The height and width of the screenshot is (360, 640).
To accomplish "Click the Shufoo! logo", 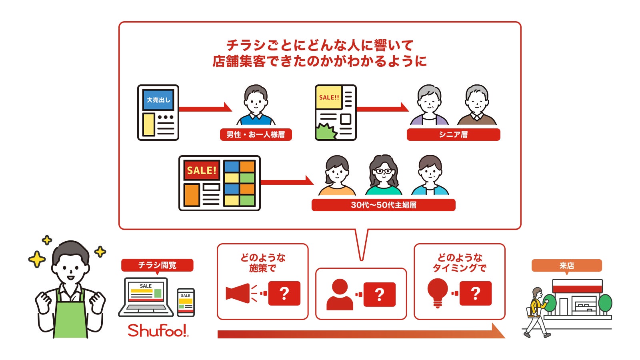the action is [x=158, y=330].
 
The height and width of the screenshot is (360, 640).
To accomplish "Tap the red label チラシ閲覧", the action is [x=157, y=265].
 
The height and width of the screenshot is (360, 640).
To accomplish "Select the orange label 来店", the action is [x=566, y=266].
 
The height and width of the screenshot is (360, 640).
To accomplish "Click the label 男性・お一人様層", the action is [x=256, y=134].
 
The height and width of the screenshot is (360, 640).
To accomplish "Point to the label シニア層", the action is [x=453, y=134].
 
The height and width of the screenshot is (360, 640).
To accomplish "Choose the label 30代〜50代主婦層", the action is [x=383, y=205].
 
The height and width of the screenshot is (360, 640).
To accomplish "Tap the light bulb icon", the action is [x=438, y=292].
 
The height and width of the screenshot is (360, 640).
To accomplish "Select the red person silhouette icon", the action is [x=340, y=295].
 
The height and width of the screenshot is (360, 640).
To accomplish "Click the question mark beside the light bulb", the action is [x=475, y=293].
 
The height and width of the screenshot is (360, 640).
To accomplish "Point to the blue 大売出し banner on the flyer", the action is [x=158, y=100].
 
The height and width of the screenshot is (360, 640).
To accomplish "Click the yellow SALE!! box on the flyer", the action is [x=329, y=97].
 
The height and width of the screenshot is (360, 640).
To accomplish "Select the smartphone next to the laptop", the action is [x=186, y=302].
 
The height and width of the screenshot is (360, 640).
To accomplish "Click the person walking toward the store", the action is [x=536, y=312].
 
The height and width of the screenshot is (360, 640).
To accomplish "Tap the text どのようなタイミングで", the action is [x=459, y=263].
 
